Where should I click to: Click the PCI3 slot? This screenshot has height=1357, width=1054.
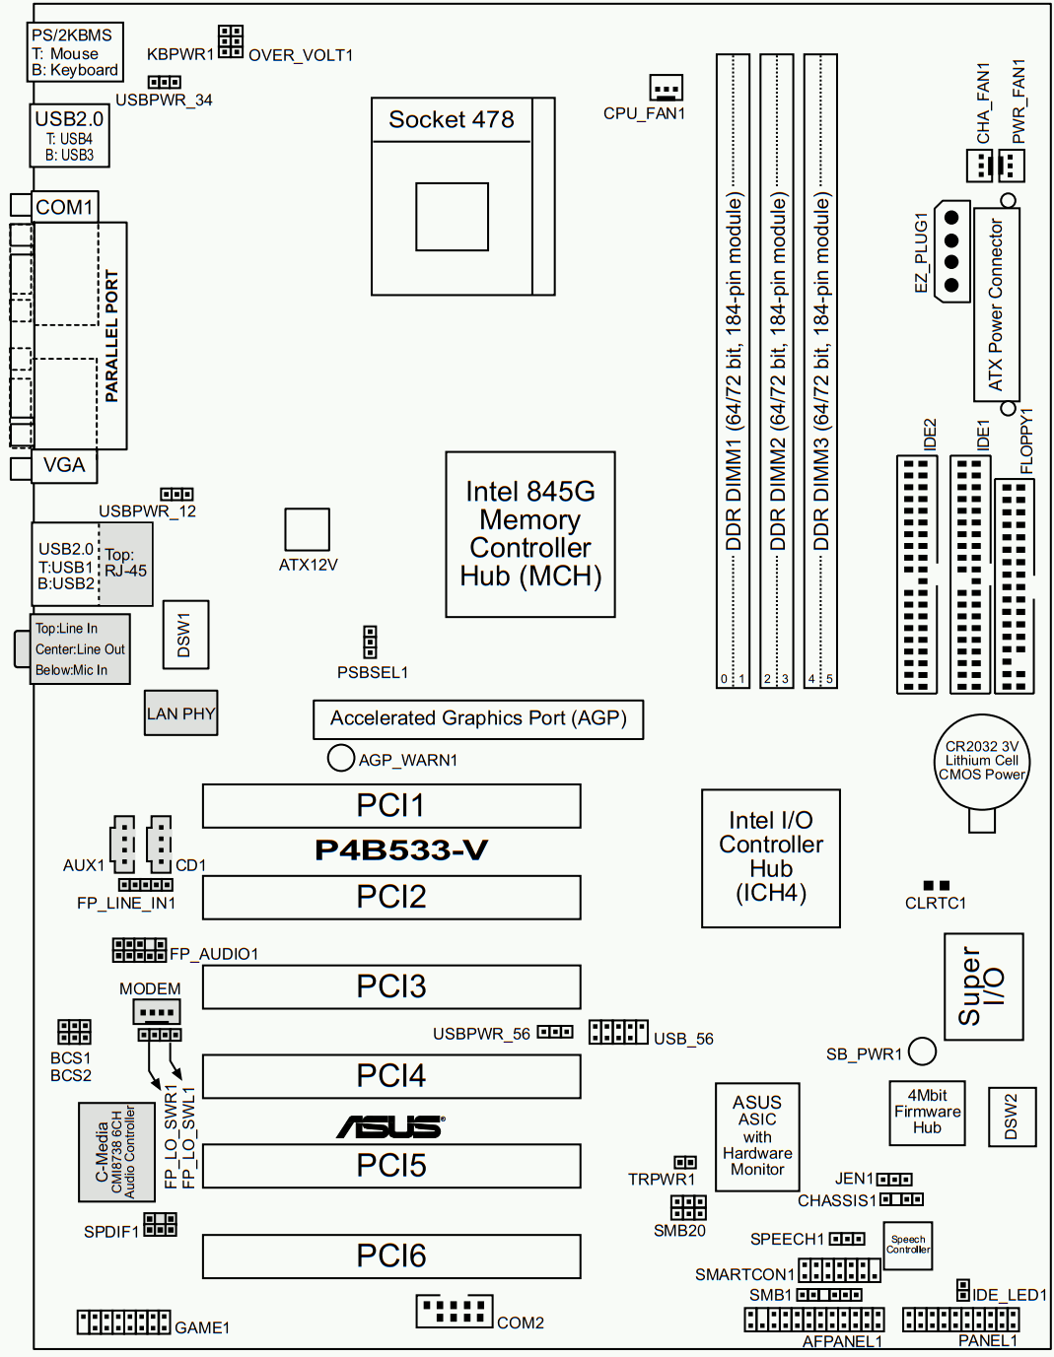tap(391, 986)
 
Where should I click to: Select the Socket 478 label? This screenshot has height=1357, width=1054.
tap(452, 120)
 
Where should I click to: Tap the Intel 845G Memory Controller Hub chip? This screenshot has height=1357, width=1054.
tap(530, 534)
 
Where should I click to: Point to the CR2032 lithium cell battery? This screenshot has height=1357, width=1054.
tap(981, 762)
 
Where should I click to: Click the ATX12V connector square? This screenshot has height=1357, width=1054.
tap(307, 529)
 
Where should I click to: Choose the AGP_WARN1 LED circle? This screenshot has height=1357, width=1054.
tap(340, 758)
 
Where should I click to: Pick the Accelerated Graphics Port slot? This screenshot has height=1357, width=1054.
tap(478, 718)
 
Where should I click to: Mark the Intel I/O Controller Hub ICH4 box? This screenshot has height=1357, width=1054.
tap(771, 857)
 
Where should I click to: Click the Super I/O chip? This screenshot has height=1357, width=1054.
tap(983, 986)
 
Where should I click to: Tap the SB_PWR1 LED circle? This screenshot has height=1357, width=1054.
tap(922, 1052)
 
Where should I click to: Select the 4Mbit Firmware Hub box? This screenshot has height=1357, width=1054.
tap(927, 1113)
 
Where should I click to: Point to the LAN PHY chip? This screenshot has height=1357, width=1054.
tap(180, 713)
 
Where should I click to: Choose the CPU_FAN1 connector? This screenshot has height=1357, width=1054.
tap(667, 89)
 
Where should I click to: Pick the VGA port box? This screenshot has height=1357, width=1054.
tap(64, 465)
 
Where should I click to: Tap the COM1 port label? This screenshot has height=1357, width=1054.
tap(64, 207)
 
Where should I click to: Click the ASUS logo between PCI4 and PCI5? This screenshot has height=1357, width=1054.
tap(391, 1125)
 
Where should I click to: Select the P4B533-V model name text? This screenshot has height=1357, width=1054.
tap(401, 849)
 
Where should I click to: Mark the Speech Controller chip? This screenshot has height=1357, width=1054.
tap(907, 1245)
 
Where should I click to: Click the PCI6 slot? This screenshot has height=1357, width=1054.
tap(391, 1255)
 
